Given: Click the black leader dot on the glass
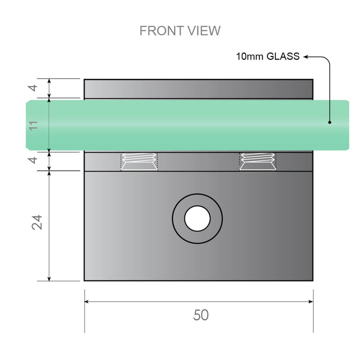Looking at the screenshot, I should point(329,121).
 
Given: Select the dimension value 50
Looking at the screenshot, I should point(200,315).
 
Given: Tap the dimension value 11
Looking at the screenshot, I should point(34,124).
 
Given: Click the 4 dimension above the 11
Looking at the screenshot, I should point(33,88).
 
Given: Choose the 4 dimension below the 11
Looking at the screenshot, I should point(33,160).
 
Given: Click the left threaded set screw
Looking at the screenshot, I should point(139,161).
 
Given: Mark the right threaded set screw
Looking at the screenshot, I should point(258,161).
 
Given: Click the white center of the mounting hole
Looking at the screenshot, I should point(197,218).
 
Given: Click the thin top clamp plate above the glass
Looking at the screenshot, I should point(198,88).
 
